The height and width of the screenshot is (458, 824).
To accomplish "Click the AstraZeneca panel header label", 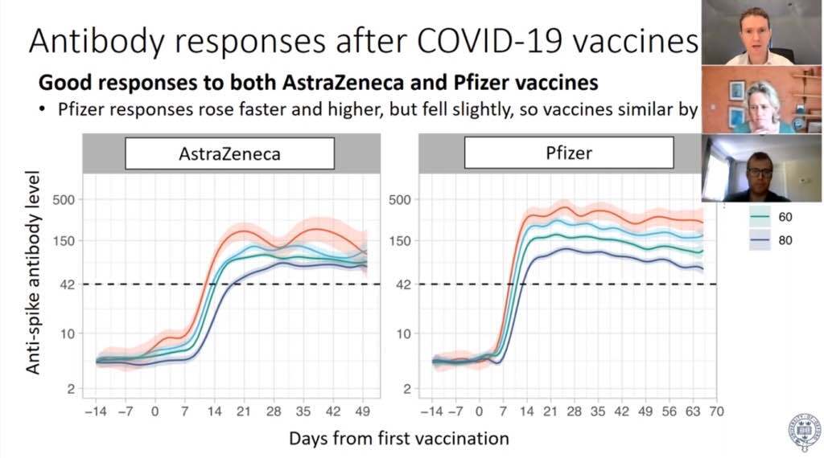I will tap(229, 153).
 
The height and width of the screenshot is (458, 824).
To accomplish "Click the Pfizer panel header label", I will tap(568, 153).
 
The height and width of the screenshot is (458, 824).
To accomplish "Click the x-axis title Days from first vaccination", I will tap(399, 439).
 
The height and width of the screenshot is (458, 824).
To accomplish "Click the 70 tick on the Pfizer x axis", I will tap(716, 411).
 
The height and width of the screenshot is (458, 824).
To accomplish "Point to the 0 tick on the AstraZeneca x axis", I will tap(155, 411).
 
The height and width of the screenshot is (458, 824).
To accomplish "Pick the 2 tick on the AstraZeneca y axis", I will tap(70, 390).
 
